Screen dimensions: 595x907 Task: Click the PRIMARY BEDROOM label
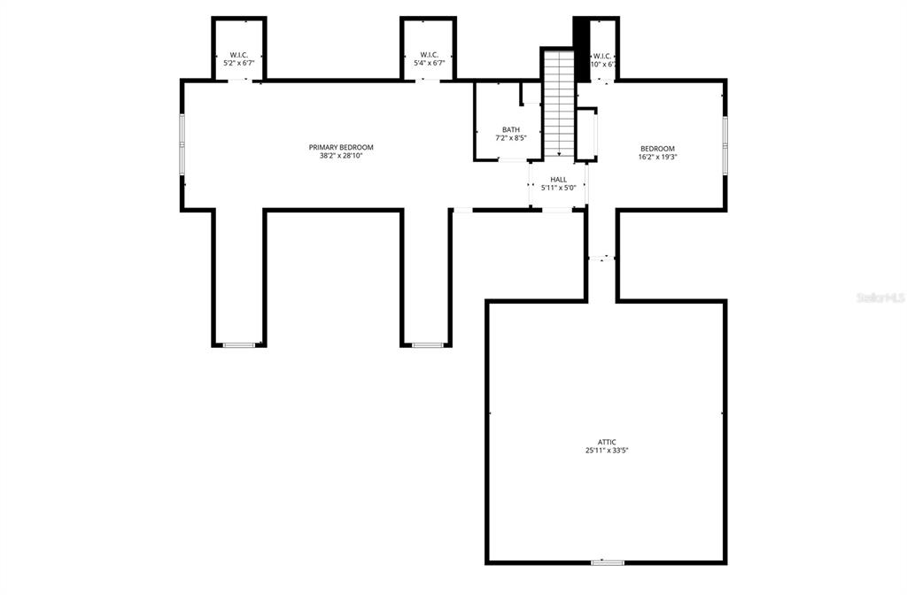[x=341, y=147]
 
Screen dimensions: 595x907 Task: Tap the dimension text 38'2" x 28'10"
[x=341, y=156]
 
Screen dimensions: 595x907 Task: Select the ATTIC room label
[x=606, y=442]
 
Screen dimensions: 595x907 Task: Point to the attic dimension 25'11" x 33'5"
[x=606, y=451]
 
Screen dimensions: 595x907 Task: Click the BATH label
[x=511, y=129]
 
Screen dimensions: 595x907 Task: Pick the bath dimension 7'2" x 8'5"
[x=511, y=138]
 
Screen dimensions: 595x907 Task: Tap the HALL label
[x=558, y=179]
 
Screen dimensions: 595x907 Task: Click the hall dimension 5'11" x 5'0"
[x=558, y=188]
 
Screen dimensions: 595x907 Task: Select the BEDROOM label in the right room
[x=658, y=149]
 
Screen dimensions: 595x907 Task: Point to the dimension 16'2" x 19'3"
[x=658, y=158]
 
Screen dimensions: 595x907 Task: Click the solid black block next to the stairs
[x=582, y=49]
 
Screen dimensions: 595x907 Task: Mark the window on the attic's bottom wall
[x=607, y=562]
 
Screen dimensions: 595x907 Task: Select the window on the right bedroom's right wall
[x=725, y=145]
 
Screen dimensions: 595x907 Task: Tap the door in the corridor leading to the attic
[x=601, y=258]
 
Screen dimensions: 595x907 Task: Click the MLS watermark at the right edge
[x=880, y=298]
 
